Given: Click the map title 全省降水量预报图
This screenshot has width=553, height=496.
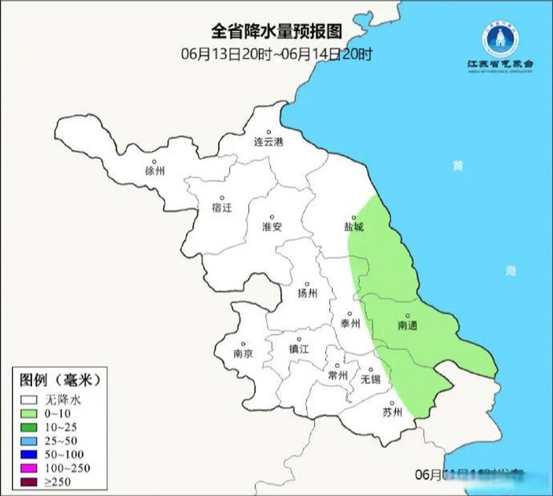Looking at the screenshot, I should pos(277,31).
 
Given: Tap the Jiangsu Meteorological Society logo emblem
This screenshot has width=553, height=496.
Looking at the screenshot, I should pos(500,40).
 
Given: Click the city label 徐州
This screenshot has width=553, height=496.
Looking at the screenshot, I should pos(155,170).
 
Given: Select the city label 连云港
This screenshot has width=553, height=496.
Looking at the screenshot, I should pos(269,141).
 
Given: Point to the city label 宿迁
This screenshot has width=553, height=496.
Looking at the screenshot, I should pos(222,208).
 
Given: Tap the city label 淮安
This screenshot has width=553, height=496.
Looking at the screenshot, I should pos(272,227).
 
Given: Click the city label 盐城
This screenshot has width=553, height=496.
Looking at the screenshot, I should pos(354,227).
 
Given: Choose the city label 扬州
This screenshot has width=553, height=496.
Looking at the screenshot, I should pos(307,293).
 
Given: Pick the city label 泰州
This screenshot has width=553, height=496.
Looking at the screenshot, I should pos(350,323).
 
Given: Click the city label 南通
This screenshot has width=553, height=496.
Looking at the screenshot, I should pos(408,325).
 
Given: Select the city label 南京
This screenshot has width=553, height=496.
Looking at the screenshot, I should pos(243,353).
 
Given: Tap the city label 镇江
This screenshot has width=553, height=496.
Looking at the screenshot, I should pos(299,349).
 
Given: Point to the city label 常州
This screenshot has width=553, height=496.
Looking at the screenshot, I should pos(337,375).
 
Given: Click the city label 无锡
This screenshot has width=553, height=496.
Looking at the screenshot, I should pos(370,379).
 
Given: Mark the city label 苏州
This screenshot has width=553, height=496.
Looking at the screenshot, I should pos(392,412).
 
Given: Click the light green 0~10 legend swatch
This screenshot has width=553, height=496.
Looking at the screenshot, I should pos(29,413).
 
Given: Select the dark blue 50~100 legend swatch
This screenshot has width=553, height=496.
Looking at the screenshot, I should pos(29,454).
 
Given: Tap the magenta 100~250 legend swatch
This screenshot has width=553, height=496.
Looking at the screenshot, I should pos(29,468).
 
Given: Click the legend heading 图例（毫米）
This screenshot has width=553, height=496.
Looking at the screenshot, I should pos(60,380).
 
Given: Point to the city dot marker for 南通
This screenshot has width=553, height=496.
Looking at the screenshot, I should pos(408,316).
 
